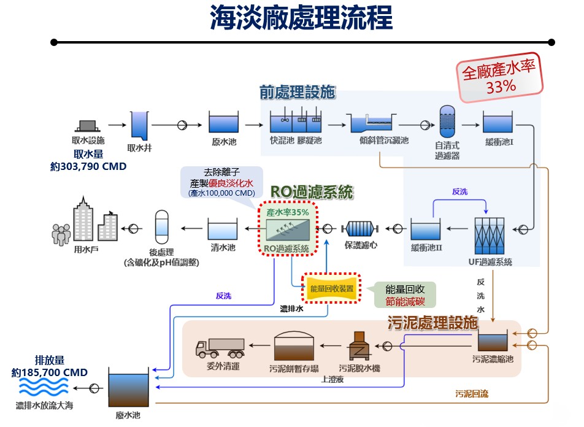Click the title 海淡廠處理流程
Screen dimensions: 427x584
tap(301, 18)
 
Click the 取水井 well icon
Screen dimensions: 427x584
tap(140, 125)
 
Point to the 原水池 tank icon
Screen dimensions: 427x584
tap(223, 123)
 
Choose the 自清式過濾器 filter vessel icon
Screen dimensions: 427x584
tap(447, 122)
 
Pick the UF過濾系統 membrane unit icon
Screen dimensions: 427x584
tap(493, 231)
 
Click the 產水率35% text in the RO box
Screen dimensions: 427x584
tap(288, 212)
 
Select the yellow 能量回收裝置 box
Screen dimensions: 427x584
tap(332, 288)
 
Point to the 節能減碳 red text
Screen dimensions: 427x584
tap(405, 301)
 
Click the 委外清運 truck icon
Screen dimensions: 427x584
tap(220, 348)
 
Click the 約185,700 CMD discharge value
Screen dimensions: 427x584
tap(50, 372)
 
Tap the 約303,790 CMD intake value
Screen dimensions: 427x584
tap(88, 166)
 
